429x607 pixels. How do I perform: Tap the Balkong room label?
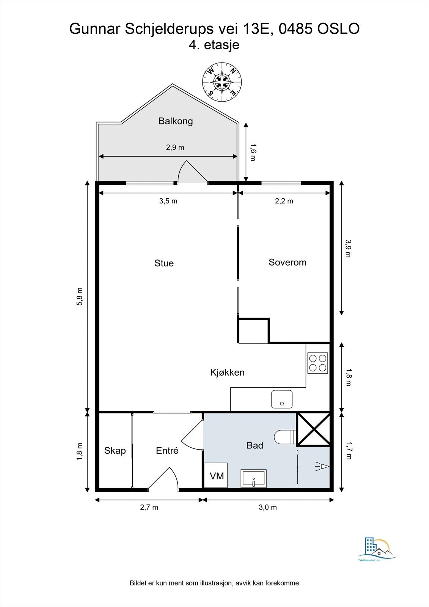click(x=176, y=121)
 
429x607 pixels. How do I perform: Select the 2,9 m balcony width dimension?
click(x=175, y=148)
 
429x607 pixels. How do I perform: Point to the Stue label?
click(x=164, y=263)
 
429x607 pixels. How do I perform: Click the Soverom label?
click(x=288, y=262)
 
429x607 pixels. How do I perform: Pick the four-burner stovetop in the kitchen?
click(x=317, y=363)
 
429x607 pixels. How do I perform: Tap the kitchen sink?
click(x=282, y=399)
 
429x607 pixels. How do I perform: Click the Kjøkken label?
click(x=227, y=372)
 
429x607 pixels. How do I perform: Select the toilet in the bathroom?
click(x=285, y=437)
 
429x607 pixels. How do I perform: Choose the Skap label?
click(x=115, y=451)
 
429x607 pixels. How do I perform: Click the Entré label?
click(x=167, y=450)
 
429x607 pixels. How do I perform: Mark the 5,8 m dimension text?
click(x=79, y=296)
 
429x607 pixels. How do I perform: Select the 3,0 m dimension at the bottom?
click(x=268, y=507)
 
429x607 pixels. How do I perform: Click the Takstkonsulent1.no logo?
click(x=377, y=548)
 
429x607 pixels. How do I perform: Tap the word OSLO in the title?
click(x=338, y=29)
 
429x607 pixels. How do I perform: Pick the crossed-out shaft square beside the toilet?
click(x=314, y=429)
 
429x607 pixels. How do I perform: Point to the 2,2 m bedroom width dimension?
click(x=284, y=201)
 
